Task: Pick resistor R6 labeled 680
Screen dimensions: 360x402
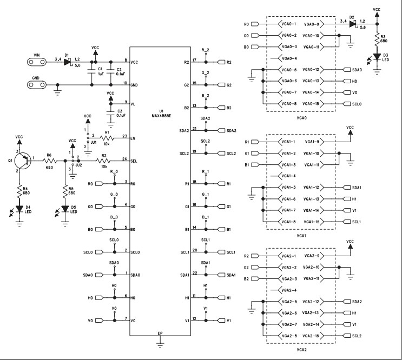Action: click(49, 161)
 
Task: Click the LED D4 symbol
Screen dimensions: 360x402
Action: click(20, 208)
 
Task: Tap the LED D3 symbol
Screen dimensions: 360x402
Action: click(377, 56)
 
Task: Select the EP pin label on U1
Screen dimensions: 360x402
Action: click(160, 333)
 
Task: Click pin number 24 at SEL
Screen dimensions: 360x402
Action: click(125, 158)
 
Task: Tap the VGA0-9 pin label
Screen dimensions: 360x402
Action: click(312, 24)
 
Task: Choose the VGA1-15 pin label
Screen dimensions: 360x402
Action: click(313, 222)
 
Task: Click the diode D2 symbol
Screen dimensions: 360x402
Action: click(352, 24)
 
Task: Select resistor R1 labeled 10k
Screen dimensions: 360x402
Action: click(107, 137)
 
